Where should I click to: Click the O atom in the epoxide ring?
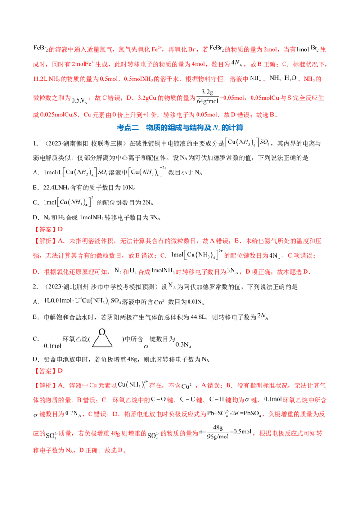click(103, 331)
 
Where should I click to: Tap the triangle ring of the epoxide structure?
click(103, 341)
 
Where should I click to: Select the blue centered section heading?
click(180, 128)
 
